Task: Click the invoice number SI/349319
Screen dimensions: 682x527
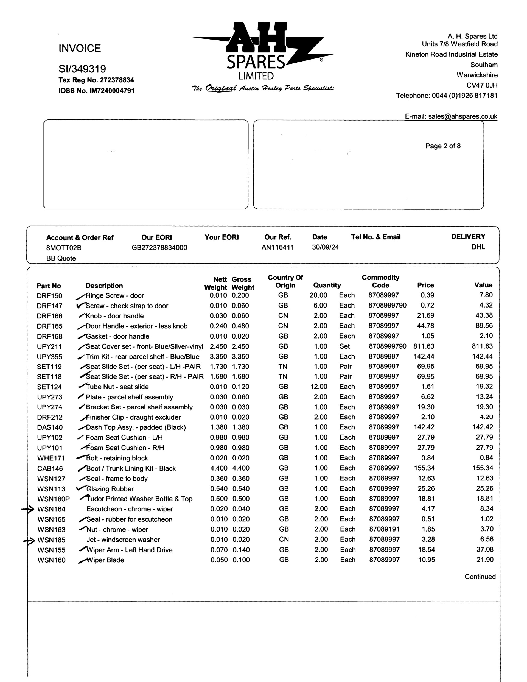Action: tap(82, 69)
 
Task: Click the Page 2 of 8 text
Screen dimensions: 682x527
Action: tap(443, 146)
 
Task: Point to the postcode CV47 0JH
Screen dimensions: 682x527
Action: tap(482, 85)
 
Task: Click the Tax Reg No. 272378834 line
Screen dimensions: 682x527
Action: tap(96, 80)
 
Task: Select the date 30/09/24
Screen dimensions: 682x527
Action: tap(325, 247)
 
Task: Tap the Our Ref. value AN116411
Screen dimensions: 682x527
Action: tap(277, 247)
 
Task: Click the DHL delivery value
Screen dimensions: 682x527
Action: tap(478, 247)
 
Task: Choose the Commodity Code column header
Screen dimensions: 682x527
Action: tap(380, 281)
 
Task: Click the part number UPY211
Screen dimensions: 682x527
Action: tap(49, 346)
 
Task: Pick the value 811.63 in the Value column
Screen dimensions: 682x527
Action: tap(482, 346)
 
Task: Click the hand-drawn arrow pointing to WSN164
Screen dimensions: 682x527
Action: tap(28, 509)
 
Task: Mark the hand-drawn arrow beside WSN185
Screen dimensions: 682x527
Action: tap(29, 541)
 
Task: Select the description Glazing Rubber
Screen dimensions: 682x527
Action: tap(110, 489)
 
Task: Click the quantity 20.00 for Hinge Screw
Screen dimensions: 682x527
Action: tap(318, 295)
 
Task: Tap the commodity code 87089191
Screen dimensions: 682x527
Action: tap(384, 529)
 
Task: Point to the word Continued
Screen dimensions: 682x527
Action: tap(480, 577)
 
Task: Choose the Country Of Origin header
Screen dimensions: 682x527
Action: tap(285, 281)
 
